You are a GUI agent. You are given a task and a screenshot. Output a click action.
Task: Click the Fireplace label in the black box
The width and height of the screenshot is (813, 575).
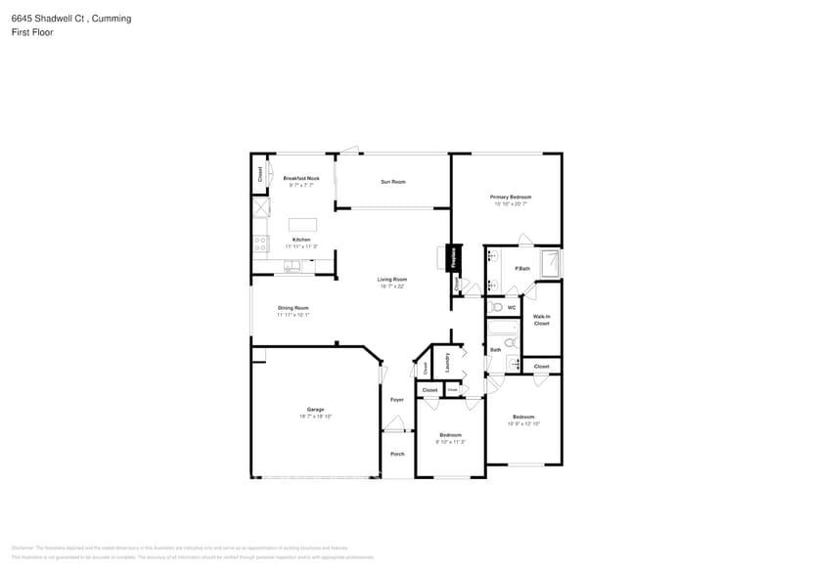pyautogui.click(x=454, y=258)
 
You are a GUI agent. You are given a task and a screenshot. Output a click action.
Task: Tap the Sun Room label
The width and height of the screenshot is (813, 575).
pyautogui.click(x=393, y=182)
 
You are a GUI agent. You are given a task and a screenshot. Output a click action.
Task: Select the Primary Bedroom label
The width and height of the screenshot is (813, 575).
pyautogui.click(x=511, y=198)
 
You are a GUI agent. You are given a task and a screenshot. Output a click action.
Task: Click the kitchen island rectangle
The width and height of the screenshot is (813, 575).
pyautogui.click(x=302, y=225)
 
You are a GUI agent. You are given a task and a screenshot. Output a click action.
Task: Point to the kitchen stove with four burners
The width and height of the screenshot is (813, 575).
pyautogui.click(x=259, y=243)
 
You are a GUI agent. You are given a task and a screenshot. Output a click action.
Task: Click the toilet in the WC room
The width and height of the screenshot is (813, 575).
pyautogui.click(x=497, y=307)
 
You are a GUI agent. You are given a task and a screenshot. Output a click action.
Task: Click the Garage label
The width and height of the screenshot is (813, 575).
pyautogui.click(x=315, y=410)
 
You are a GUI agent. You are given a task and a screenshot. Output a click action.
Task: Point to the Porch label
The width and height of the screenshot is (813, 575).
pyautogui.click(x=397, y=454)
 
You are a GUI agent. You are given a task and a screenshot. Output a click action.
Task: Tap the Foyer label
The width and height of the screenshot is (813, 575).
pyautogui.click(x=397, y=399)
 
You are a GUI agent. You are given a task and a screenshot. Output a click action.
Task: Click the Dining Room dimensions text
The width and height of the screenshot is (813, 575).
pyautogui.click(x=294, y=315)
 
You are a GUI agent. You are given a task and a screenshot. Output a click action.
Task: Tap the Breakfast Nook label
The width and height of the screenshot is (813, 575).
pyautogui.click(x=301, y=178)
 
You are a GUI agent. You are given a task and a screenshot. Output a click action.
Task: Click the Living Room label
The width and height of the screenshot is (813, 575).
pyautogui.click(x=391, y=280)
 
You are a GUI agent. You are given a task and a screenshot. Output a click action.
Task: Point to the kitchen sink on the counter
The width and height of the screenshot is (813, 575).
pyautogui.click(x=292, y=266)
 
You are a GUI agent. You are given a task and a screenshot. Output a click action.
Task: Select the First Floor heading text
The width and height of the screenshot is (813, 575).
pyautogui.click(x=33, y=32)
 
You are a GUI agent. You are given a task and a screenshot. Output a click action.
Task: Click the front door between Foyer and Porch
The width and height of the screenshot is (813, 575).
pyautogui.click(x=394, y=427)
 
